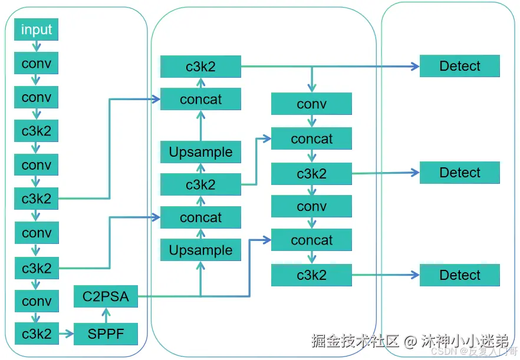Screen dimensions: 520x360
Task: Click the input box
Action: [36, 29]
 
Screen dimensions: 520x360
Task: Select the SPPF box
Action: [106, 334]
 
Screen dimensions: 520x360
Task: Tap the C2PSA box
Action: [106, 296]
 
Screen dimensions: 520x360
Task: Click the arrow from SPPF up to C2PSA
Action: [106, 315]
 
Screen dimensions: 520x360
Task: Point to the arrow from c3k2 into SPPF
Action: [66, 333]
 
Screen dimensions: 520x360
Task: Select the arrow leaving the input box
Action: [36, 46]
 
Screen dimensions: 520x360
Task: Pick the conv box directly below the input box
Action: [36, 63]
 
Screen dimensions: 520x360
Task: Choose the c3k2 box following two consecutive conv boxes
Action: [36, 131]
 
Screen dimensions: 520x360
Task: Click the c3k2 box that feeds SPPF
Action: [37, 333]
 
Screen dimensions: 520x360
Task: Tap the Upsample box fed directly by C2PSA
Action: [200, 250]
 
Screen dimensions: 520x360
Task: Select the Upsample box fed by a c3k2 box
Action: [200, 152]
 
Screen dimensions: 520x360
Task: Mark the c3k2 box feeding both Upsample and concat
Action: [200, 184]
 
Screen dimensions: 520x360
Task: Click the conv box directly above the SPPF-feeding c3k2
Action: [37, 301]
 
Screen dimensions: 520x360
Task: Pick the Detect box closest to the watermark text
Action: [460, 275]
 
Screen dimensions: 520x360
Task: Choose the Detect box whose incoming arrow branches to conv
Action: [460, 66]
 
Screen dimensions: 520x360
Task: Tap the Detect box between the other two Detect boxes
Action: [460, 173]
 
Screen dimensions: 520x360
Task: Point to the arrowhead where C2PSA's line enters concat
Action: [267, 240]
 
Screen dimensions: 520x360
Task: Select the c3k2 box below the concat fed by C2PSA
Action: [311, 275]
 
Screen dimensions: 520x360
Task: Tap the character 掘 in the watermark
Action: [319, 341]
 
